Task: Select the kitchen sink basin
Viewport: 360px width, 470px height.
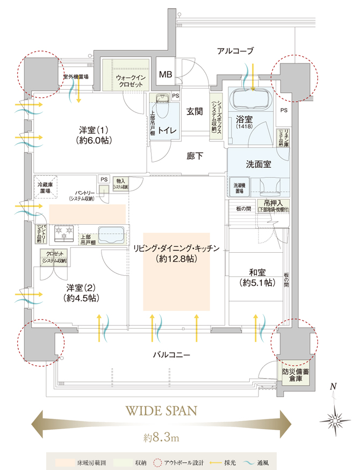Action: point(112,234)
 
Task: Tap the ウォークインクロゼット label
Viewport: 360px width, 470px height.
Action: point(128,82)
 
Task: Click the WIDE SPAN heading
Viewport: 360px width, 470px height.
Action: point(160,410)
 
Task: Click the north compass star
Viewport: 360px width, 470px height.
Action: point(334,418)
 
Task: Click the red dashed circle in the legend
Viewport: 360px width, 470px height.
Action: point(157,461)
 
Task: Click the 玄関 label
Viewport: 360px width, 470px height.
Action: point(194,112)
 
